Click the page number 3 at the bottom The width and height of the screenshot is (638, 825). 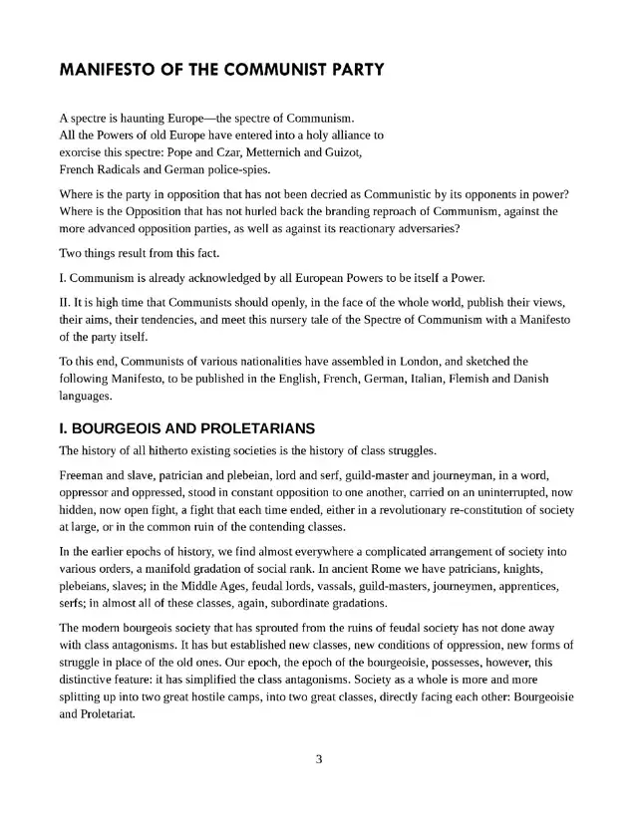[x=319, y=760]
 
